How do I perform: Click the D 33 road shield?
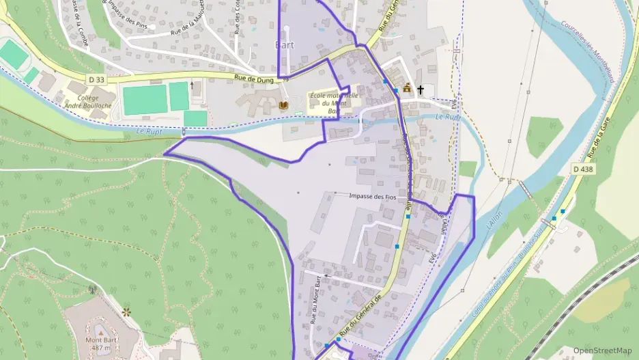click(x=97, y=80)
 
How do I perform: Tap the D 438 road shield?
click(x=582, y=169)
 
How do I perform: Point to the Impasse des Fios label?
click(x=372, y=196)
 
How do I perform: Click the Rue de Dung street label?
click(x=253, y=79)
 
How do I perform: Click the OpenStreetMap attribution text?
click(x=603, y=350)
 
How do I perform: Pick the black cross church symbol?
click(x=421, y=89)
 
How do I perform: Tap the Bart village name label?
click(x=284, y=45)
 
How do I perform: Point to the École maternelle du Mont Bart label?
click(x=334, y=102)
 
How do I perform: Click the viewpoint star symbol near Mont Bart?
click(x=126, y=312)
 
